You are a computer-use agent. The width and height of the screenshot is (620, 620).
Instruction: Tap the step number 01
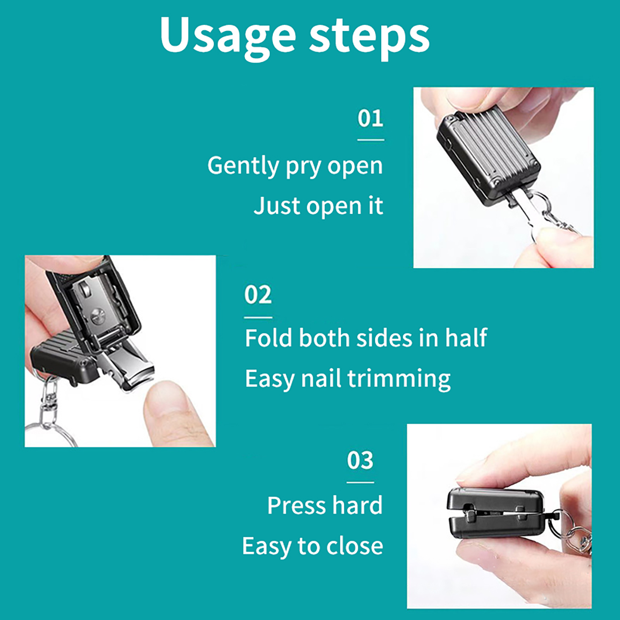(x=370, y=118)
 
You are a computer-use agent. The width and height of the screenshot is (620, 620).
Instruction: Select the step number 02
(x=258, y=295)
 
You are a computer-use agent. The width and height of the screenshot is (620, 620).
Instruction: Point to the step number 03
(x=360, y=460)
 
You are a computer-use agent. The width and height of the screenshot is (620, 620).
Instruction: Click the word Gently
(x=243, y=166)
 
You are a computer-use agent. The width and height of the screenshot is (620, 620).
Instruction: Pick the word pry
(x=303, y=168)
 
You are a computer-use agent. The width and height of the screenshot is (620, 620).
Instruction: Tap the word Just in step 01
(x=276, y=205)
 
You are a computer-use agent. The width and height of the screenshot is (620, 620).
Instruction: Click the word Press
(x=296, y=505)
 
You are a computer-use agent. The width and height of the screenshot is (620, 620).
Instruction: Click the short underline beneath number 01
(x=370, y=140)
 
